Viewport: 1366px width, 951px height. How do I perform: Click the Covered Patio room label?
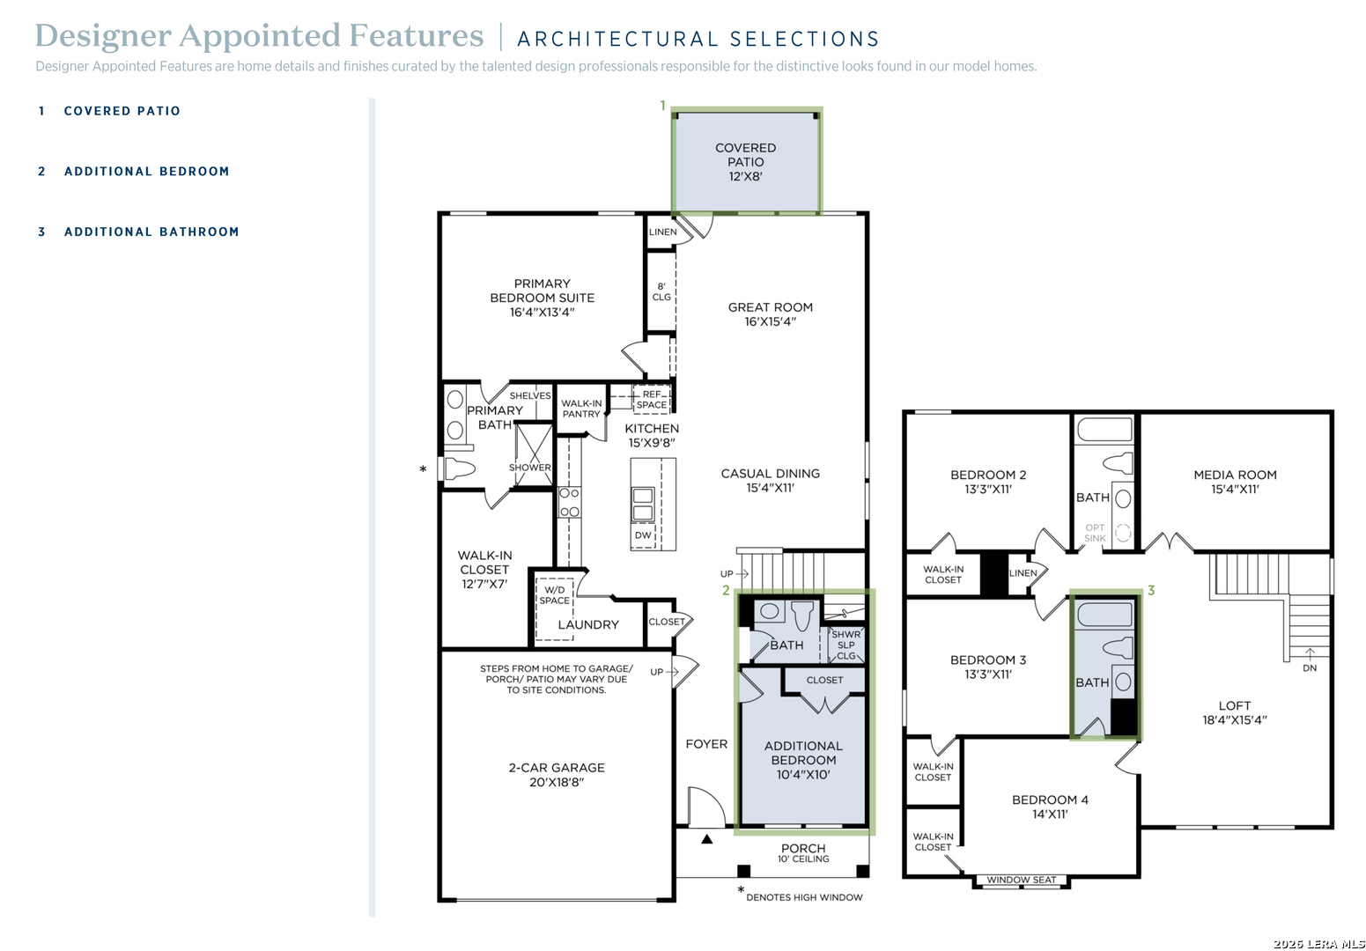[x=745, y=162]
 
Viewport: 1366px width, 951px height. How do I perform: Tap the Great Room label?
[x=771, y=314]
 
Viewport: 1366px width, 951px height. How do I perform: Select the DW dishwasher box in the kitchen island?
[x=643, y=535]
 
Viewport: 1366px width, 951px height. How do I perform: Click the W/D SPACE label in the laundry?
[x=554, y=595]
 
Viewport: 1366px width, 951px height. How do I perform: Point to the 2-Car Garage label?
[x=557, y=775]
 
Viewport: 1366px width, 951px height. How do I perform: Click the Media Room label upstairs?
[x=1235, y=482]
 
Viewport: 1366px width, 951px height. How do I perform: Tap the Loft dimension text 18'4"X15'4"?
[x=1234, y=720]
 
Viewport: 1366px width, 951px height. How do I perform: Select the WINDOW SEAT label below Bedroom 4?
[x=1022, y=880]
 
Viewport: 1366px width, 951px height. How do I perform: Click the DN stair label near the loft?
[x=1310, y=668]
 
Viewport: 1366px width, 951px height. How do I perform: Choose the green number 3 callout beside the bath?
[x=1151, y=590]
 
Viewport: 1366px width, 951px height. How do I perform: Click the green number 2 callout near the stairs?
[x=726, y=590]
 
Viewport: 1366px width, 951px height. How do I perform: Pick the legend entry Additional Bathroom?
[x=138, y=232]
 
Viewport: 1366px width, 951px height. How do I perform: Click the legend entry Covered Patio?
[x=110, y=111]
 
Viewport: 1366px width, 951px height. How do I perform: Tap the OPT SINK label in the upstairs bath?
[x=1095, y=533]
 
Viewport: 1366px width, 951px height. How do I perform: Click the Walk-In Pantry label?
[x=581, y=409]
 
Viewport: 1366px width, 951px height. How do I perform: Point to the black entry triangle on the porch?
[x=707, y=839]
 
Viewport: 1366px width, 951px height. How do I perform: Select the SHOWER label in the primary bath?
[x=530, y=468]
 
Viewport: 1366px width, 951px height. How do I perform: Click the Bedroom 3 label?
[x=988, y=667]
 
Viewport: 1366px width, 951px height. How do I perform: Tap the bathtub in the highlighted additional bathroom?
[x=1104, y=615]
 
